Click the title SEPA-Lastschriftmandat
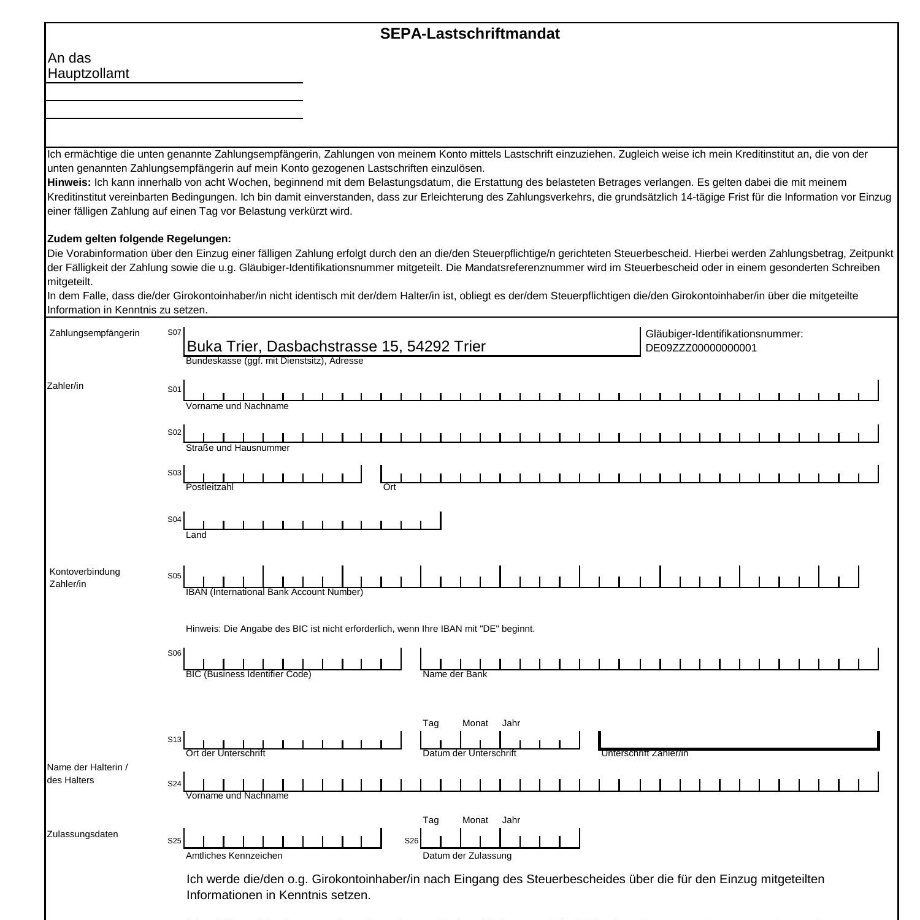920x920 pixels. point(470,34)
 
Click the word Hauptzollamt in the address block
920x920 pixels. point(88,74)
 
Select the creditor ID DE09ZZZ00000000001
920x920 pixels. point(701,348)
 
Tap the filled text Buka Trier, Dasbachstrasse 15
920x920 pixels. point(336,347)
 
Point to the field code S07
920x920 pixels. point(174,332)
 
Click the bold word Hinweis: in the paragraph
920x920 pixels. point(69,183)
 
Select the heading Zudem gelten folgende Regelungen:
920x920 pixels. point(139,239)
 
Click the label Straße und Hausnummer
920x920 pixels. point(237,448)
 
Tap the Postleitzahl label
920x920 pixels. point(210,487)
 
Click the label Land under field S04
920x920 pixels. point(196,535)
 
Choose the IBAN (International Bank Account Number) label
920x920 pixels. point(274,592)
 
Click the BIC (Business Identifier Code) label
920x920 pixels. point(248,674)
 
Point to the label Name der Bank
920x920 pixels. point(454,674)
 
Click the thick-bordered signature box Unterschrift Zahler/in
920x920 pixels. point(738,741)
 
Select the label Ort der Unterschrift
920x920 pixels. point(225,753)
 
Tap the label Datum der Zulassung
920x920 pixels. point(467,856)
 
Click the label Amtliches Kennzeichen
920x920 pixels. point(234,856)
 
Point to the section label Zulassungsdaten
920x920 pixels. point(82,834)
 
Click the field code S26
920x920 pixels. point(411,841)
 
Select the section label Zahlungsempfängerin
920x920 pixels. point(94,333)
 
